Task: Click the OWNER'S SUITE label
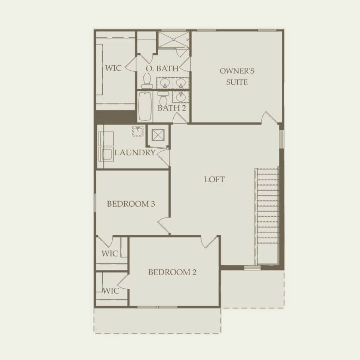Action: pyautogui.click(x=237, y=76)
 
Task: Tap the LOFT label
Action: pyautogui.click(x=214, y=179)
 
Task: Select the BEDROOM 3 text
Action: pyautogui.click(x=131, y=204)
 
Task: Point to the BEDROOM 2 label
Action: pyautogui.click(x=172, y=272)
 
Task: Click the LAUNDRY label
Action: pyautogui.click(x=135, y=153)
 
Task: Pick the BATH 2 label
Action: pyautogui.click(x=172, y=108)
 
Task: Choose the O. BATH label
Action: pyautogui.click(x=162, y=69)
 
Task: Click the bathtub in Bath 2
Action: pyautogui.click(x=145, y=106)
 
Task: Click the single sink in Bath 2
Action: pyautogui.click(x=181, y=97)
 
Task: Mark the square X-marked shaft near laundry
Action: pyautogui.click(x=158, y=134)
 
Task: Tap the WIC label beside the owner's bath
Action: pyautogui.click(x=113, y=69)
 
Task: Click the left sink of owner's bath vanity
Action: pyautogui.click(x=165, y=83)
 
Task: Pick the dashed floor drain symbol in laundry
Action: pyautogui.click(x=138, y=131)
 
